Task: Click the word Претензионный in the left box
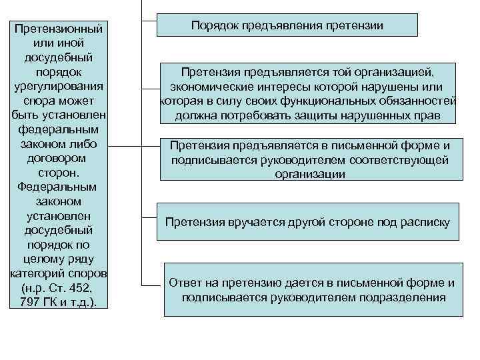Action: (x=60, y=30)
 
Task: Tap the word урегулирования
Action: (x=60, y=86)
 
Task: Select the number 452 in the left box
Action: (x=90, y=289)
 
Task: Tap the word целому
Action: (x=43, y=259)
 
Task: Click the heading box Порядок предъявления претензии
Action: (x=287, y=25)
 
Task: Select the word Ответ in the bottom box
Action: (x=185, y=283)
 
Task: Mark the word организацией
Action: (x=394, y=72)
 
